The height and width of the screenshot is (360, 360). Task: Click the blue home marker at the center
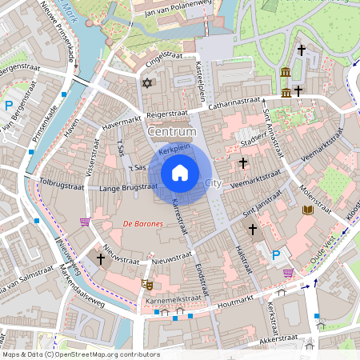[x=180, y=173]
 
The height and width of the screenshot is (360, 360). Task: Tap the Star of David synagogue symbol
[x=146, y=82]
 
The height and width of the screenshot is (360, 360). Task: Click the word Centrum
[x=171, y=130]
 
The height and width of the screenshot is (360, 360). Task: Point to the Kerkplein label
[x=173, y=150]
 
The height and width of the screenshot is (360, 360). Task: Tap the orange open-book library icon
[x=308, y=210]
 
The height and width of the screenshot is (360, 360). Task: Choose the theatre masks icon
[x=147, y=283]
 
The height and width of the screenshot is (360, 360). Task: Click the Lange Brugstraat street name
[x=128, y=187]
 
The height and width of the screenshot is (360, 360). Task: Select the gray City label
[x=213, y=183]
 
